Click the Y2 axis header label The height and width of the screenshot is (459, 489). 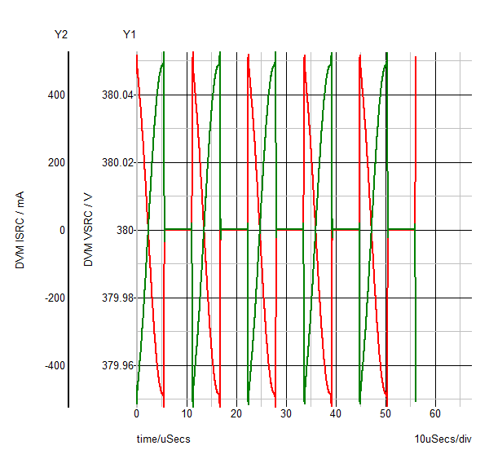pos(60,34)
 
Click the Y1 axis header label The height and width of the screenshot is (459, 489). pos(130,34)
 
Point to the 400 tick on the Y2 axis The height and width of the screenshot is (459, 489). pos(55,95)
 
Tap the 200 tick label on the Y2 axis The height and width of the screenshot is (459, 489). pos(55,163)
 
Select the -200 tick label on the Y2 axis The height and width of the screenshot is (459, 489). pos(54,298)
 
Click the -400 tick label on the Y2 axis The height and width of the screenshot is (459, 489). pos(54,365)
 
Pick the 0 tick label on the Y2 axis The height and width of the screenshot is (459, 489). pos(61,231)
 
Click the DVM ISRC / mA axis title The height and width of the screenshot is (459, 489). pos(20,230)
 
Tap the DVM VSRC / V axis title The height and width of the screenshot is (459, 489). pos(89,230)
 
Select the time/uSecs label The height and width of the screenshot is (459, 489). pos(164,439)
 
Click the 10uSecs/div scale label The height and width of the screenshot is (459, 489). pos(443,439)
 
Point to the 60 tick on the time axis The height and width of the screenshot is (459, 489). pos(435,413)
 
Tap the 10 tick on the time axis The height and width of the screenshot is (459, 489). pos(187,413)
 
